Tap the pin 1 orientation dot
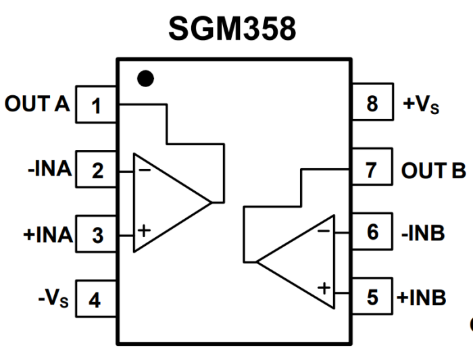tap(145, 78)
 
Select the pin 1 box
tap(97, 105)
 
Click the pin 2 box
tap(97, 170)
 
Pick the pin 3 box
tap(97, 235)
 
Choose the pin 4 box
tap(97, 299)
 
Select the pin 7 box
tap(372, 169)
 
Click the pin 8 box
tap(372, 105)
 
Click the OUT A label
tap(37, 105)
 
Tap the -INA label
tap(49, 169)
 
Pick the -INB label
tap(423, 233)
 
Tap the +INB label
tap(422, 297)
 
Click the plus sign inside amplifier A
tap(143, 231)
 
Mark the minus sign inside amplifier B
tap(324, 230)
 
